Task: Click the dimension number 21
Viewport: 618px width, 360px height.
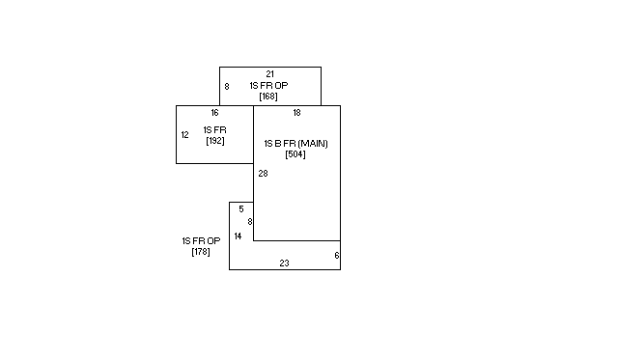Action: coord(269,74)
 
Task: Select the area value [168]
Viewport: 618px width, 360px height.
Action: coord(268,97)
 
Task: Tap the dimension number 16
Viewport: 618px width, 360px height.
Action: coord(214,113)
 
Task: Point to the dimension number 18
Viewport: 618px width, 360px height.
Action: coord(296,113)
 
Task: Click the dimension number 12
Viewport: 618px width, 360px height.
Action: coord(184,135)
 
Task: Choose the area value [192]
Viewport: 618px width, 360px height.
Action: coord(215,141)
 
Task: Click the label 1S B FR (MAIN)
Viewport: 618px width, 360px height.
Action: coord(295,144)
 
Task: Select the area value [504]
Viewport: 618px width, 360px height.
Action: coord(295,154)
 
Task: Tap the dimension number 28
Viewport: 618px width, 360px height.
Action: coord(263,174)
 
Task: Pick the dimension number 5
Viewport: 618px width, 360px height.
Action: coord(241,209)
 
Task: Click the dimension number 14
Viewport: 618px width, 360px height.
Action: coord(238,236)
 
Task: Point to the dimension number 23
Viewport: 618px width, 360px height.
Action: coord(284,263)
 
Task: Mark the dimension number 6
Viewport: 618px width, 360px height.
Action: coord(337,256)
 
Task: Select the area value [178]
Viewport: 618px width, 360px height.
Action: coord(201,252)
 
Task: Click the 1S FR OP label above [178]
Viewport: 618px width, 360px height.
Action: coord(201,240)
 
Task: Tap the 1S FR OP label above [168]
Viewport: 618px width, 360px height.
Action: coord(268,86)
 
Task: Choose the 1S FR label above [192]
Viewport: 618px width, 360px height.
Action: coord(215,130)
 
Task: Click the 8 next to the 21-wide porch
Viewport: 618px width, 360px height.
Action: coord(227,87)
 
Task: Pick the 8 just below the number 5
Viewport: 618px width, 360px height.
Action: coord(249,222)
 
